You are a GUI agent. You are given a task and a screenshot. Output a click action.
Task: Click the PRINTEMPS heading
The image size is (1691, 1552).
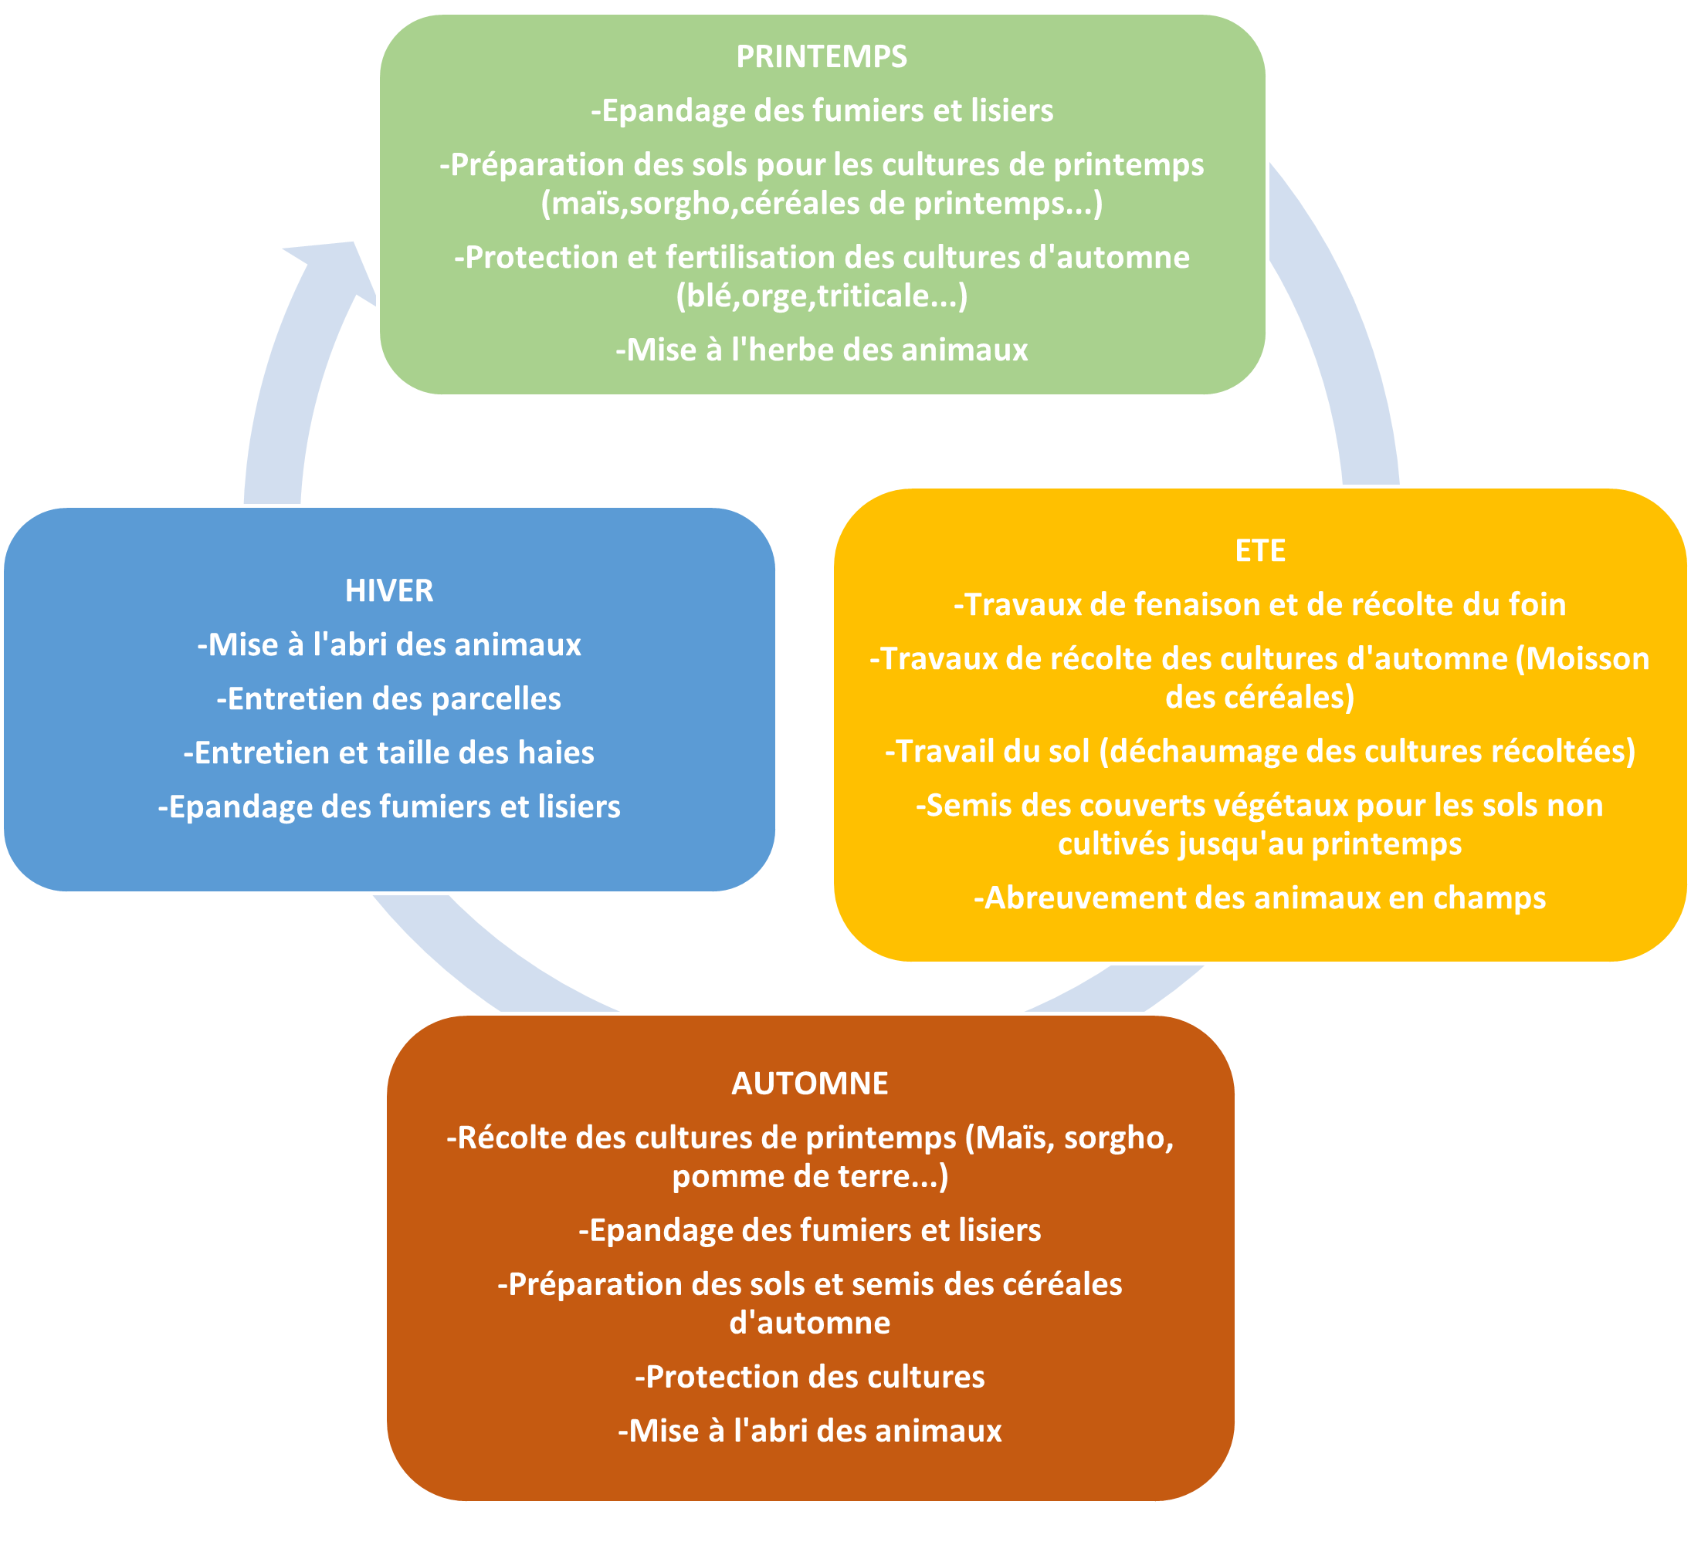pyautogui.click(x=821, y=56)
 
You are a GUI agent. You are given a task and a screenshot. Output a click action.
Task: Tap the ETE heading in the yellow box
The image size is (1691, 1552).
pyautogui.click(x=1260, y=550)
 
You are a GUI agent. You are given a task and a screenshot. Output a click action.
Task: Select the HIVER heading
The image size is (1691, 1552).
pyautogui.click(x=389, y=590)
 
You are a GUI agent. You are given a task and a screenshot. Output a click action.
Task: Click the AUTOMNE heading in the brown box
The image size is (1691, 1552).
pyautogui.click(x=810, y=1084)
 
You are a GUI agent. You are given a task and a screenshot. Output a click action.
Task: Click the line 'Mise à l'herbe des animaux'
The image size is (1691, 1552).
pyautogui.click(x=821, y=350)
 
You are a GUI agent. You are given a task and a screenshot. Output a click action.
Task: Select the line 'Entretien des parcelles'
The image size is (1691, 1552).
pyautogui.click(x=389, y=698)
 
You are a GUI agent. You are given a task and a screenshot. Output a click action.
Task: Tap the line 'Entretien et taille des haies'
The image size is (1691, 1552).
pyautogui.click(x=389, y=752)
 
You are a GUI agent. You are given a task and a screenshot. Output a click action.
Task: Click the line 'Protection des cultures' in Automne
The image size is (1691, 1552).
pyautogui.click(x=810, y=1377)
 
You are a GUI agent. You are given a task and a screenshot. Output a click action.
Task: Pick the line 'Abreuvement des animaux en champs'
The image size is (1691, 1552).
pyautogui.click(x=1260, y=898)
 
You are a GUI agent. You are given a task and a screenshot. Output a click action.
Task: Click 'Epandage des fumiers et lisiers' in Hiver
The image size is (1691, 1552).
pyautogui.click(x=389, y=806)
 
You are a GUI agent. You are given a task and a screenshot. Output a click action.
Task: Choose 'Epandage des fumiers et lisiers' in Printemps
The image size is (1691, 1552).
pyautogui.click(x=821, y=111)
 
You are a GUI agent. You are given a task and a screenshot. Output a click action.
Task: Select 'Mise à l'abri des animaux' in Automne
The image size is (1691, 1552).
pyautogui.click(x=810, y=1430)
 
